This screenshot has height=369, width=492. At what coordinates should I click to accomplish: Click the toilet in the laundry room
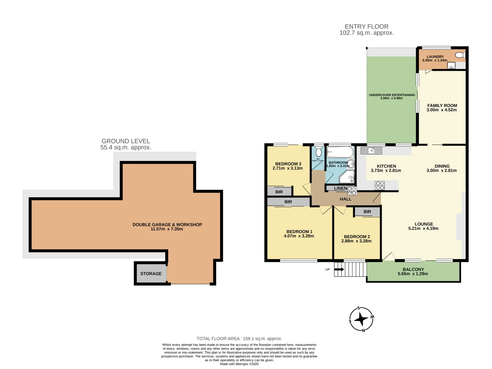click(460, 55)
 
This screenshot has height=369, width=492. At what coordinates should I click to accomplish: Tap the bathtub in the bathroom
click(340, 152)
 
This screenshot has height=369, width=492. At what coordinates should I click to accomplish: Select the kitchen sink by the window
click(371, 150)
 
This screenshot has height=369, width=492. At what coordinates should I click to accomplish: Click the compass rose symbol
click(361, 319)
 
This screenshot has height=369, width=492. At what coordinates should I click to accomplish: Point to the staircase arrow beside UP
click(339, 270)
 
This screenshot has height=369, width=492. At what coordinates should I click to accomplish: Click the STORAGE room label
click(151, 274)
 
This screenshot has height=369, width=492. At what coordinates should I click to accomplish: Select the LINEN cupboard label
click(340, 188)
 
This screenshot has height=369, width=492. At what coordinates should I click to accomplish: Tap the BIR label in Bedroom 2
click(367, 212)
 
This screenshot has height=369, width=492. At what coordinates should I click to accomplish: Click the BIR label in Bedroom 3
click(279, 192)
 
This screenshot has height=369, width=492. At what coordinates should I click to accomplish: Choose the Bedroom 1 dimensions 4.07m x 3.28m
click(299, 236)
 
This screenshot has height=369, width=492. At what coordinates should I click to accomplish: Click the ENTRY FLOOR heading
click(366, 27)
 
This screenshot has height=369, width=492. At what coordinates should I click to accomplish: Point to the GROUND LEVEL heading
click(126, 141)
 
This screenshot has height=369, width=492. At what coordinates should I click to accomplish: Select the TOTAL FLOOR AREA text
click(239, 339)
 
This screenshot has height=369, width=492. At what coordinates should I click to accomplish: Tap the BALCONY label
click(413, 269)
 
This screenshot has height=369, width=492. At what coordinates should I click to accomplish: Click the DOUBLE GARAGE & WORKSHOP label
click(167, 224)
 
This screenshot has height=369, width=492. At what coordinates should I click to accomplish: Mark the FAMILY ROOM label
click(442, 106)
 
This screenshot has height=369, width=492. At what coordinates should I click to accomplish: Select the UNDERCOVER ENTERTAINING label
click(392, 95)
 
